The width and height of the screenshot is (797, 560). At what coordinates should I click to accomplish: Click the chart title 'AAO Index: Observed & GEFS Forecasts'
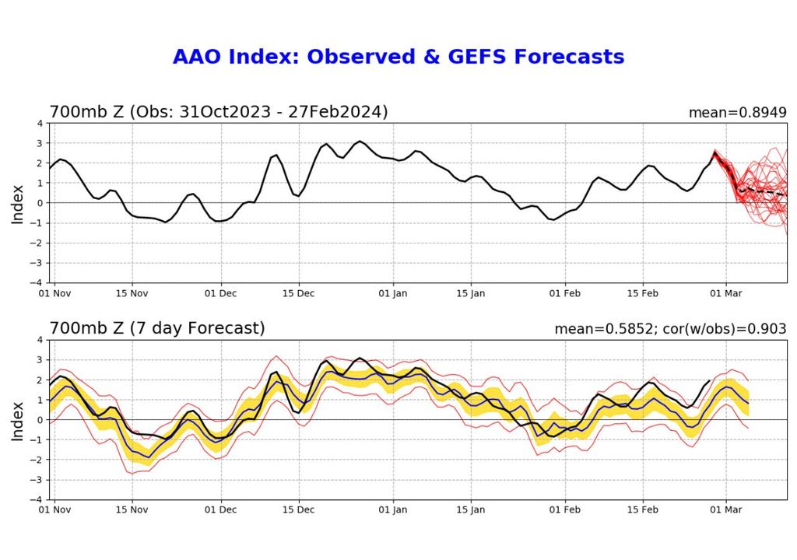click(x=398, y=58)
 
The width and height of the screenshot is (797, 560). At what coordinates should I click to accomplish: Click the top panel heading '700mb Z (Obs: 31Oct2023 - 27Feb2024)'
click(x=219, y=112)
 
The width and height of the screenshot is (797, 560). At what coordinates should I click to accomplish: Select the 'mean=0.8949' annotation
click(x=737, y=113)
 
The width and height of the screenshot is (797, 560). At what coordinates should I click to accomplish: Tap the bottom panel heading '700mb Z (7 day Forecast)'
click(x=157, y=329)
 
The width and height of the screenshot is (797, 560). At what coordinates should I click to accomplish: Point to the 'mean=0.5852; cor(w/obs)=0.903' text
click(x=670, y=330)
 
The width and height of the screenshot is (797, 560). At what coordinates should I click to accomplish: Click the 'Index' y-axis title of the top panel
click(x=18, y=203)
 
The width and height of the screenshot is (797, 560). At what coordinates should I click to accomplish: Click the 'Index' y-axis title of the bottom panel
click(x=18, y=420)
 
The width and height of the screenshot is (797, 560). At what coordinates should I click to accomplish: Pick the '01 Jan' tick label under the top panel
click(x=394, y=294)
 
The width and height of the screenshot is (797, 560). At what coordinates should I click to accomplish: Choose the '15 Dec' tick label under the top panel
click(x=299, y=294)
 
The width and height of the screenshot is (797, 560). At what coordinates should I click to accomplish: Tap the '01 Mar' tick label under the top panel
click(x=726, y=294)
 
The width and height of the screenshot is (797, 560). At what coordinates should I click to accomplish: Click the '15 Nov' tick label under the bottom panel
click(x=132, y=511)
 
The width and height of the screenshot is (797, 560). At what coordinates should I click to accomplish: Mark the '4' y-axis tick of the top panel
click(x=40, y=124)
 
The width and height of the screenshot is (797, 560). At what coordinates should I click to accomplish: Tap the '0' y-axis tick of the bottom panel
click(x=40, y=420)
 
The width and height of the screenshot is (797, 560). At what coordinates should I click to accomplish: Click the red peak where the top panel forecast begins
click(x=714, y=152)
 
